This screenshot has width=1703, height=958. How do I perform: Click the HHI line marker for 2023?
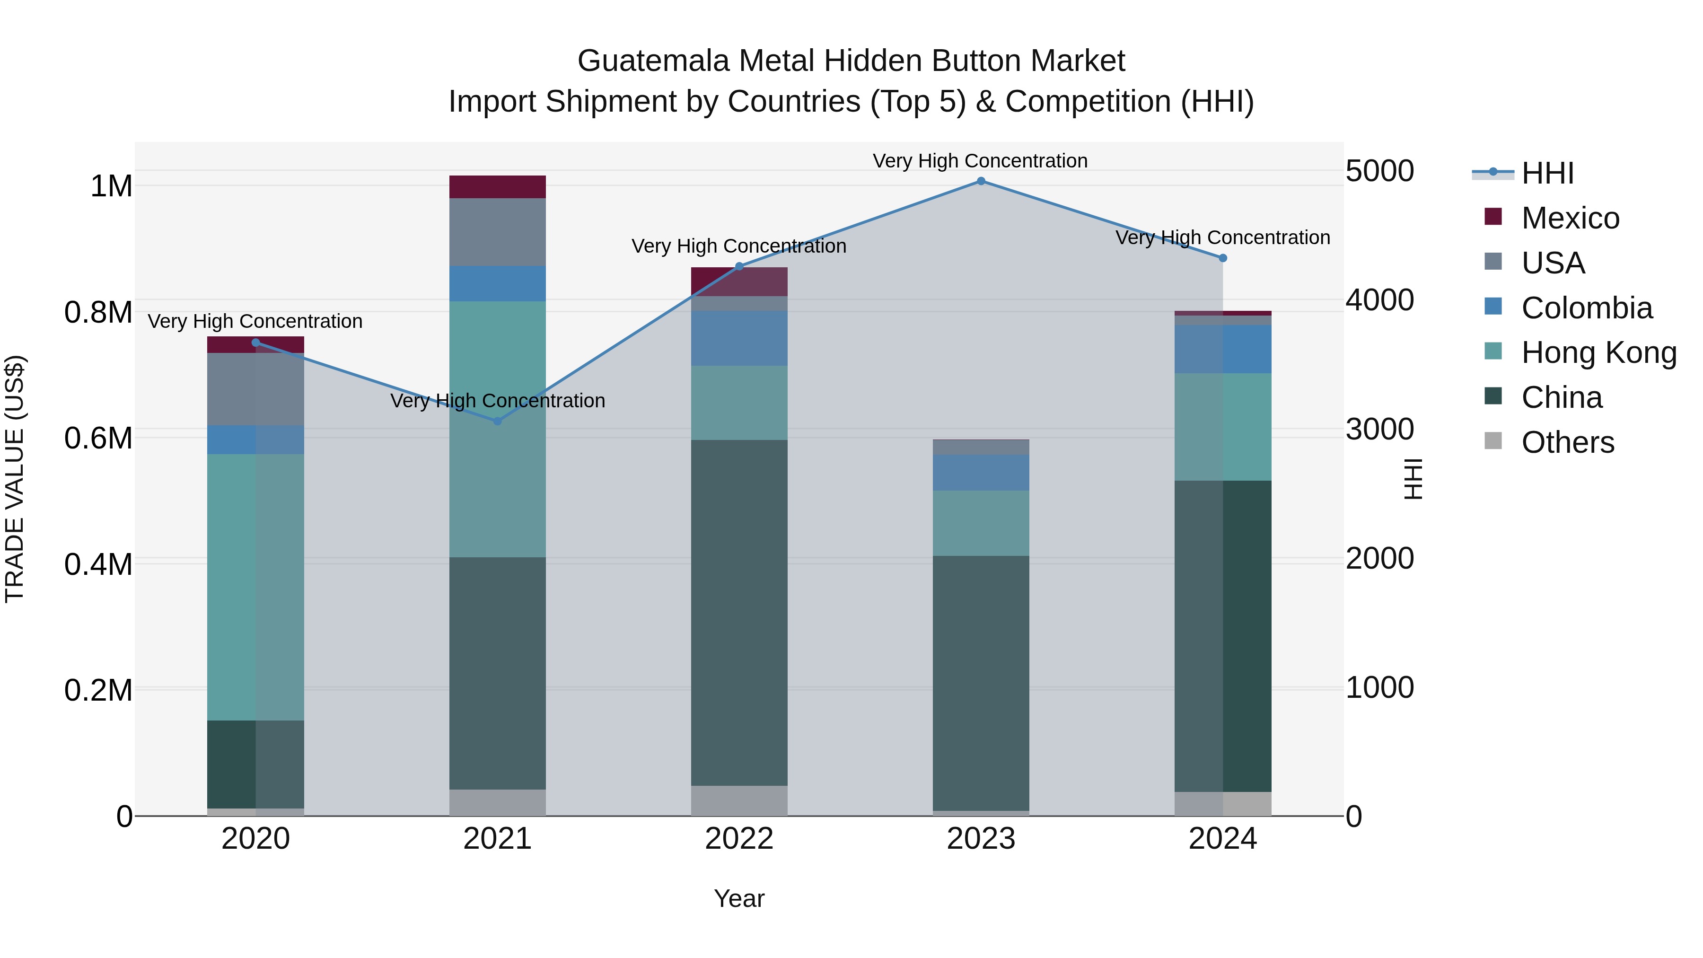tap(981, 181)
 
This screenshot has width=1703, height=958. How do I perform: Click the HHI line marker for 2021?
tap(498, 421)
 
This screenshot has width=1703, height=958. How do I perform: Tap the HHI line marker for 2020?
tap(256, 343)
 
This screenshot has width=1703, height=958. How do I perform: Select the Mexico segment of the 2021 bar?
tap(498, 187)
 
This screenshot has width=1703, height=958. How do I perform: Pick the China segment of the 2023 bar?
tap(981, 683)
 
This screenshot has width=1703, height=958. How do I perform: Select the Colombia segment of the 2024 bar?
tap(1222, 349)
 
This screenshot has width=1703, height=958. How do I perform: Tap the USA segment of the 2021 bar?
tap(498, 232)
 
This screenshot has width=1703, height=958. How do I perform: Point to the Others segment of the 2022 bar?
tap(739, 800)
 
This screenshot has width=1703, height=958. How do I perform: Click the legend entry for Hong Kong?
tap(1598, 353)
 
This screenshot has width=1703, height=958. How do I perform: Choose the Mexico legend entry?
tap(1570, 218)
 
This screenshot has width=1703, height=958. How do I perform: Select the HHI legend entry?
tap(1547, 173)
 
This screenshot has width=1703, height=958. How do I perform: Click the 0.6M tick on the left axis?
tap(98, 439)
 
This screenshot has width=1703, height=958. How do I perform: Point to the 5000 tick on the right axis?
tap(1380, 171)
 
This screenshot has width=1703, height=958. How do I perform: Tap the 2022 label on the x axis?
tap(739, 839)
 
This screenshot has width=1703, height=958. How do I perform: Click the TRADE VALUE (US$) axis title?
tap(15, 479)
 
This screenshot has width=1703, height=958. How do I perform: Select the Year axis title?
tap(739, 898)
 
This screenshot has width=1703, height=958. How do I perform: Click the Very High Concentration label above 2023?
tap(980, 161)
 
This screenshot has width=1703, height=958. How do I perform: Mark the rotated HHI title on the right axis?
tap(1412, 479)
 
